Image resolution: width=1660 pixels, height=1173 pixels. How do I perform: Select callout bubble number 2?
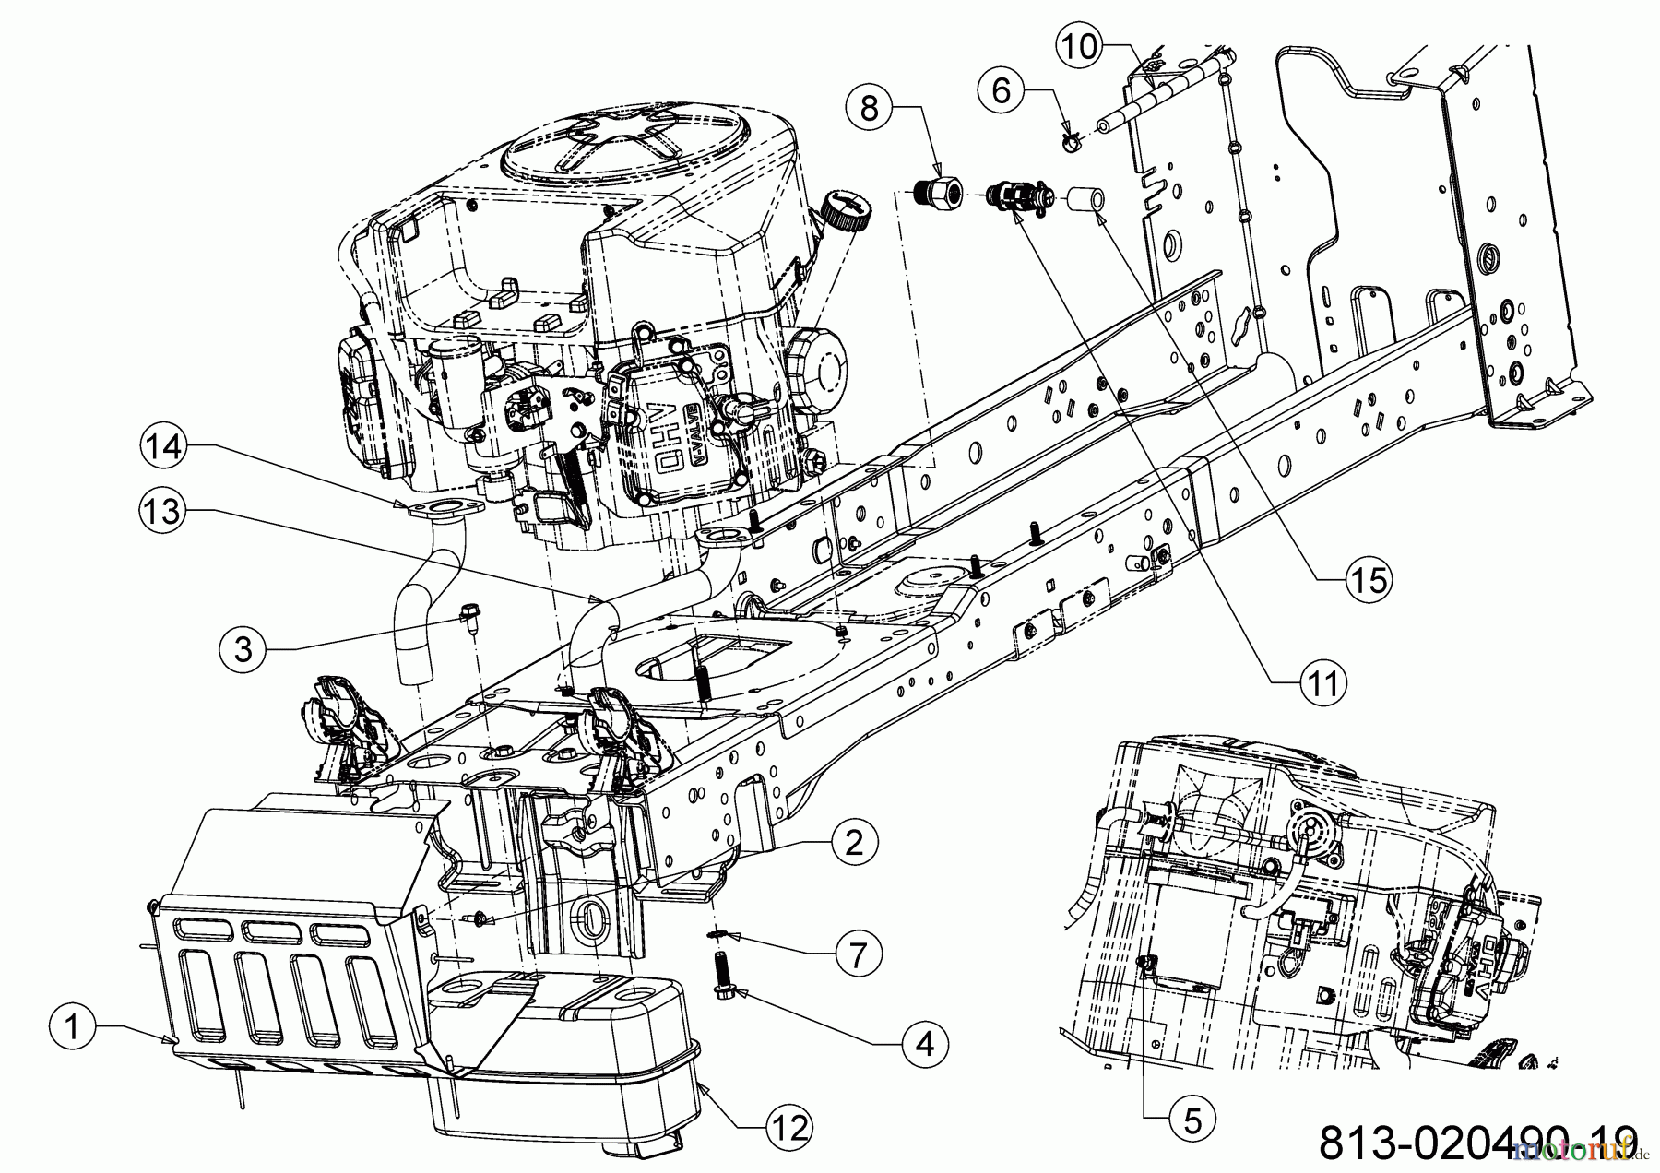(853, 841)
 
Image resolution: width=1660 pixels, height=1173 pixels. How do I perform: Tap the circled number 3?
(243, 649)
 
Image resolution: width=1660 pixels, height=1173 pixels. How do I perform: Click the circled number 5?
(1192, 1120)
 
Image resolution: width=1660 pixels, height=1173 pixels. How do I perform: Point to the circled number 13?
(163, 510)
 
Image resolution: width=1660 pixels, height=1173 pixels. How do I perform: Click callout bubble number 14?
(163, 446)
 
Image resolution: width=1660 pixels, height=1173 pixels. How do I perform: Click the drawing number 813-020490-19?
(1477, 1142)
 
